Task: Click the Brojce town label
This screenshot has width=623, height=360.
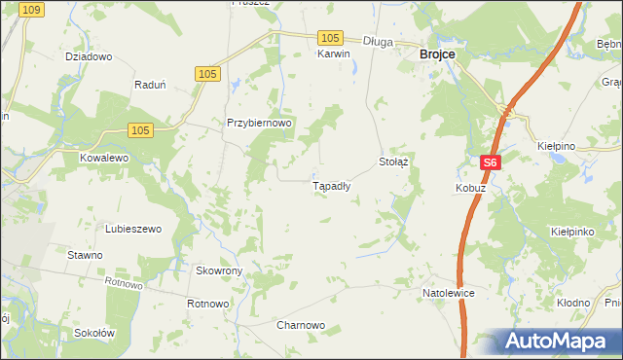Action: (437, 56)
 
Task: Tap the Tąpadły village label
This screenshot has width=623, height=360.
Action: (331, 185)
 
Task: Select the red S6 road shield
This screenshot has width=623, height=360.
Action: (491, 163)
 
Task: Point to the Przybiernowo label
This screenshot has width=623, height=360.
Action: (259, 124)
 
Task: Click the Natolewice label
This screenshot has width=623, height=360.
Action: (448, 292)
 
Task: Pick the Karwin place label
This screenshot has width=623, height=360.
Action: (333, 54)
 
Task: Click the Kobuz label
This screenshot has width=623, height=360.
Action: (469, 187)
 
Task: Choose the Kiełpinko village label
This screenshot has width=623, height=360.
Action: (572, 234)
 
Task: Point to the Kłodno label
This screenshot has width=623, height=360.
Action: (573, 303)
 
